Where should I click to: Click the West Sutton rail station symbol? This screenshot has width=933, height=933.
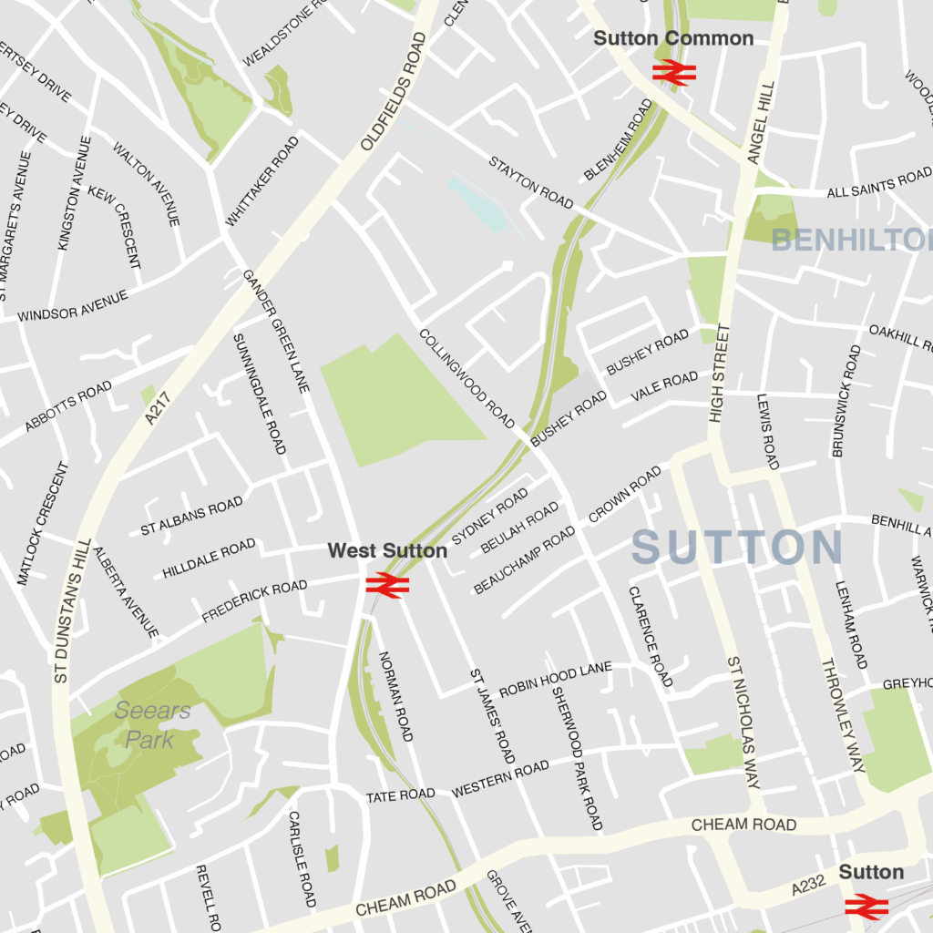pos(387,584)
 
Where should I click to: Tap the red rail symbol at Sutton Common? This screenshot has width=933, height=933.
pos(674,72)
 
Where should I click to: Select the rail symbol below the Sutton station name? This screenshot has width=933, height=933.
pos(866,906)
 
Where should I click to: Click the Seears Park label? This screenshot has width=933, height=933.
pos(152,724)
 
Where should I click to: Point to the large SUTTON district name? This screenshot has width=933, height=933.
pos(737,548)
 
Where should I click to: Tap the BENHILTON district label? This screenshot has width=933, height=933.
pos(851,241)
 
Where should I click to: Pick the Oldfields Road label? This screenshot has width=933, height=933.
pos(394,92)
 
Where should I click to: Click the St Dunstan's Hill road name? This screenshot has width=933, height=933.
pos(70,610)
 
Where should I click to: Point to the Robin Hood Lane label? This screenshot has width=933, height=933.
pos(555,679)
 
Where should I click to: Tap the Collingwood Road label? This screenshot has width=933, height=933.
pos(466,378)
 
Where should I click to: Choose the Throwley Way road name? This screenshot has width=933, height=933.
pos(843,714)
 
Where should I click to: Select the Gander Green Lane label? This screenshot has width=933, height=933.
pos(276,331)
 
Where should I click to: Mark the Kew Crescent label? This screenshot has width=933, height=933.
pos(115,227)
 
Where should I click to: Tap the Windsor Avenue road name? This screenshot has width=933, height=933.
pos(73,306)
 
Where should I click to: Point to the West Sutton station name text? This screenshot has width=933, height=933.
pos(387,550)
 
